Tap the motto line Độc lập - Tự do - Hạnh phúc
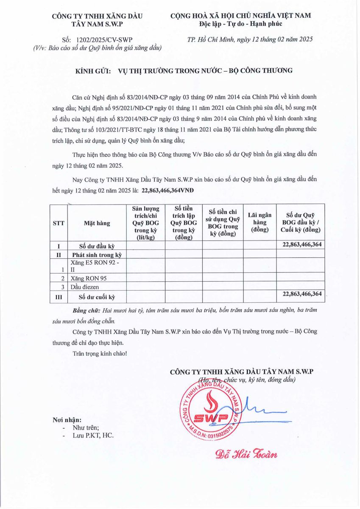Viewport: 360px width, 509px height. (240, 24)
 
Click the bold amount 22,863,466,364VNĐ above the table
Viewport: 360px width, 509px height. (167, 190)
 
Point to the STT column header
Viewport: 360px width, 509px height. (59, 223)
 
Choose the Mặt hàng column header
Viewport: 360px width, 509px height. (97, 223)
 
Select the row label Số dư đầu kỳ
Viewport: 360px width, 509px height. (97, 246)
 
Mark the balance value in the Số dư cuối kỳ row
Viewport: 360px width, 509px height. (301, 294)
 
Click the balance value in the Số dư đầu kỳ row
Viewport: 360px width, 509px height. (301, 244)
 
